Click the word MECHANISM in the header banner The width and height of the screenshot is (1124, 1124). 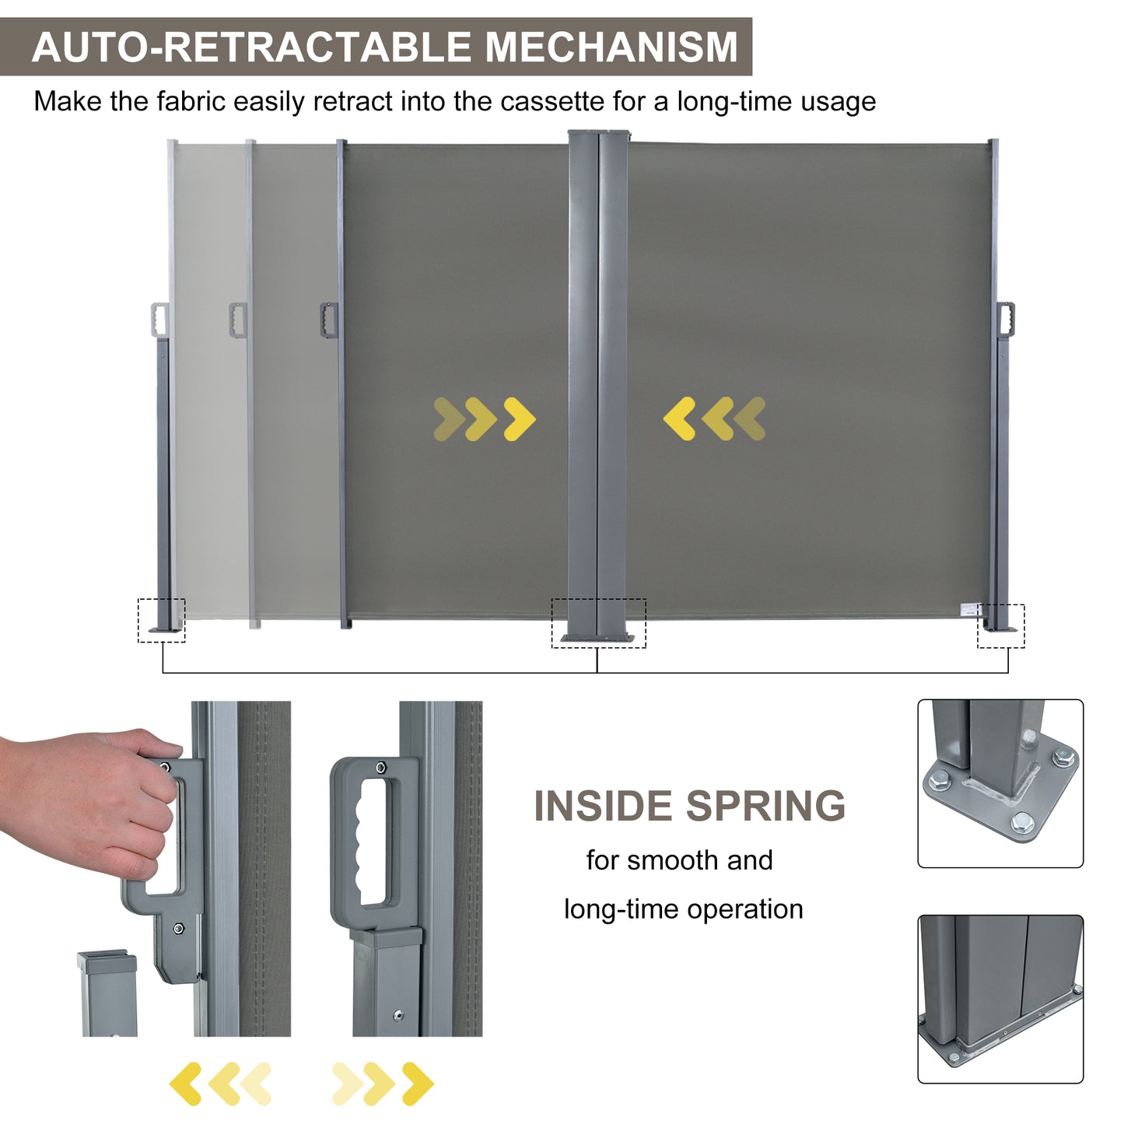[x=611, y=47]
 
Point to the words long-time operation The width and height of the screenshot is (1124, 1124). [x=683, y=909]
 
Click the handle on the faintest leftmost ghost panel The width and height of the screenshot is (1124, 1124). [x=159, y=320]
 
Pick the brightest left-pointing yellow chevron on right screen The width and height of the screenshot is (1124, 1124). [x=679, y=419]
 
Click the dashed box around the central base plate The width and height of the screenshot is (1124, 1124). [x=598, y=623]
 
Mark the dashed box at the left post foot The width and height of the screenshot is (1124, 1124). [x=162, y=620]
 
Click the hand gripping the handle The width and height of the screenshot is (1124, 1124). [x=86, y=801]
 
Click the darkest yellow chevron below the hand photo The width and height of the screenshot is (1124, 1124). [x=185, y=1084]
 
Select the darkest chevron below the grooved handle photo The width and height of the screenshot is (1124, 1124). [x=418, y=1084]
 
